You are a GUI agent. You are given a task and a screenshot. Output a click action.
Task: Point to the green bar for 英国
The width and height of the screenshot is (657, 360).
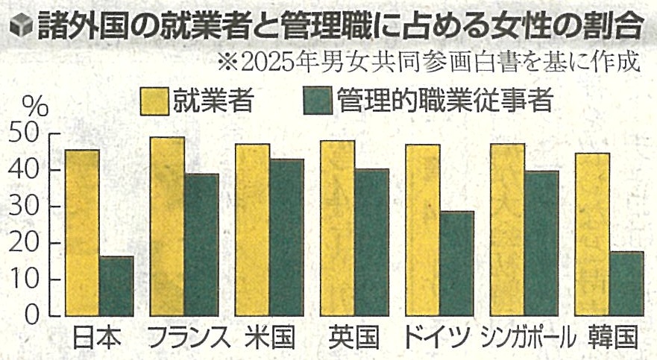371,242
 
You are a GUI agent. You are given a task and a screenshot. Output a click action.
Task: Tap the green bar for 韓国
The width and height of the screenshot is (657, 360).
626,283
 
